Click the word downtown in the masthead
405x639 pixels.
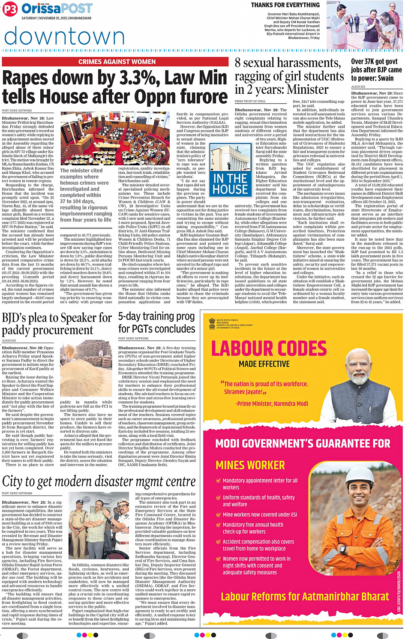tap(64, 36)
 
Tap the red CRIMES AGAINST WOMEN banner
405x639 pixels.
tap(117, 62)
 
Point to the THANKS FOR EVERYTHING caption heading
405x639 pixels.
tap(285, 5)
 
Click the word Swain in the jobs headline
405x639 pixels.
tap(385, 78)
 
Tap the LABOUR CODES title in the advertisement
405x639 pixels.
tap(269, 349)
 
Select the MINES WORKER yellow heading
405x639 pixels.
tap(250, 465)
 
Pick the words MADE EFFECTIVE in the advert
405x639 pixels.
tap(264, 364)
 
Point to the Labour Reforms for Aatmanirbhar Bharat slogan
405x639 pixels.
tap(305, 597)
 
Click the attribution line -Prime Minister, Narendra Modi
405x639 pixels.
tap(271, 403)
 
